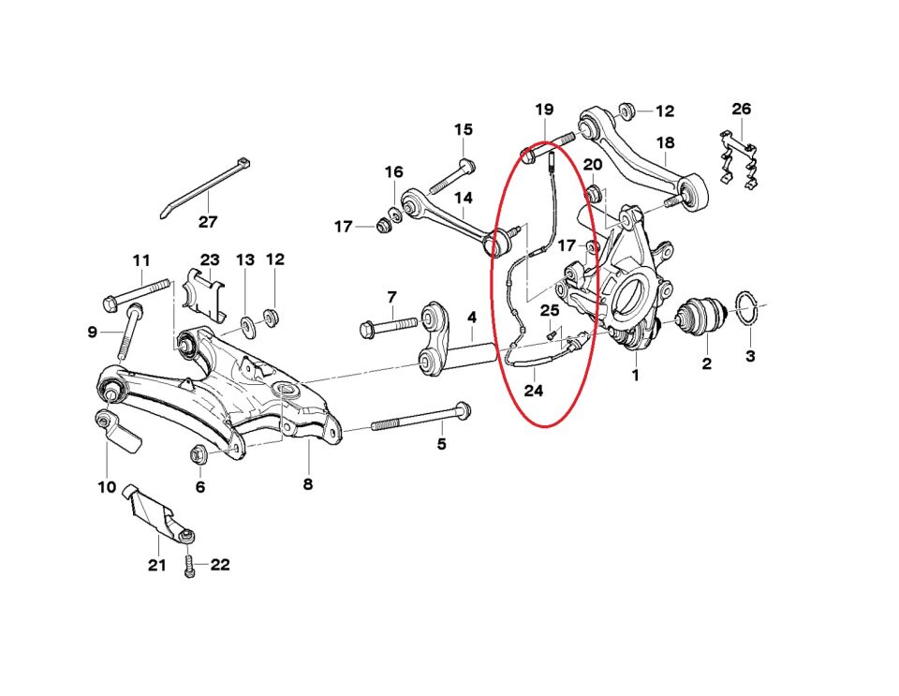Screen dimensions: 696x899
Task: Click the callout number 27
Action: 207,222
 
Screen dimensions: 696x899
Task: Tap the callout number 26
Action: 741,110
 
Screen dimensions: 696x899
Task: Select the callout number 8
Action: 308,484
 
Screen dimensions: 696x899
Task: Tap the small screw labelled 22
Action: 191,568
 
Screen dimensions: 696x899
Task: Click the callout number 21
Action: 156,565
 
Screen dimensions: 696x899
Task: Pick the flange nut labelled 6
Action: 199,454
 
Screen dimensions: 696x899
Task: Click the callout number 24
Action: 533,391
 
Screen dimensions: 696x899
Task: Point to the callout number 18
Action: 665,143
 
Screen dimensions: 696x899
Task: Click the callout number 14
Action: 464,198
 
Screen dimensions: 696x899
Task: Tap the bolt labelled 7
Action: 389,327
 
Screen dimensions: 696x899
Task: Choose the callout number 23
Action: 210,259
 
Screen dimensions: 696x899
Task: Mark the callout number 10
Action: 106,487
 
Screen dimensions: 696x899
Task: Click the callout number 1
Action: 635,376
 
